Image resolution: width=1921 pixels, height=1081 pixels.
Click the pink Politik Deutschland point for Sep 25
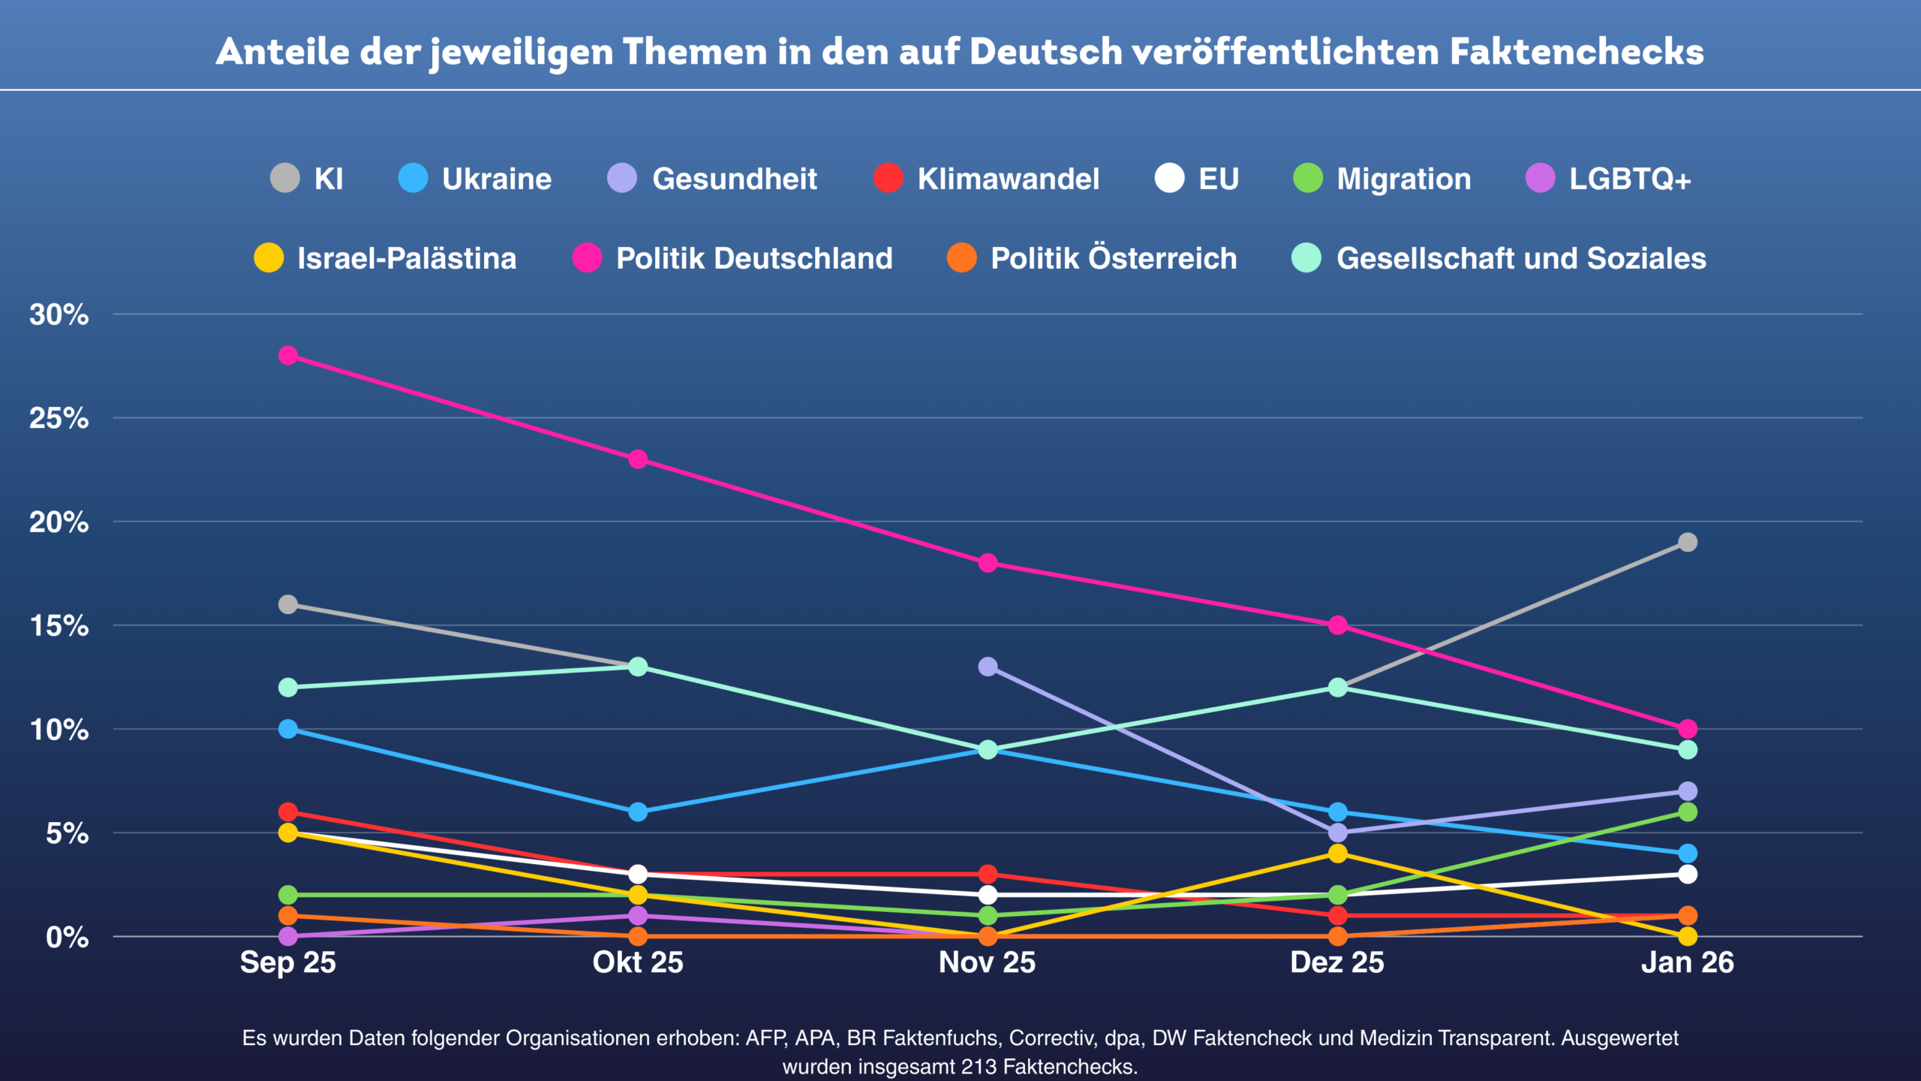coord(288,355)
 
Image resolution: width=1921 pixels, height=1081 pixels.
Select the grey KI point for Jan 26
coord(1688,542)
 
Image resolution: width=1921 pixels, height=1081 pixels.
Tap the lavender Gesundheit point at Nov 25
coord(988,667)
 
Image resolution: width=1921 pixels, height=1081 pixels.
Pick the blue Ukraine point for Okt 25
coord(638,812)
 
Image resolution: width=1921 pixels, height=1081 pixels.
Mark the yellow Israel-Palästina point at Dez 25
coord(1337,854)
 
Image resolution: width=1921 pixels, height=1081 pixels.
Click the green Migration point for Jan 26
coord(1688,812)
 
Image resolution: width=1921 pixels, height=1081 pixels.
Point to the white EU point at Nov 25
coord(988,895)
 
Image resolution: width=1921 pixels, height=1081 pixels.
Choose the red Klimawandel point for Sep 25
coord(288,812)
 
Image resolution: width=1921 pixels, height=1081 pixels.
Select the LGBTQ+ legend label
coord(1630,179)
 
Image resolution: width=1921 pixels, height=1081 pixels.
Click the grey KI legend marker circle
coord(285,179)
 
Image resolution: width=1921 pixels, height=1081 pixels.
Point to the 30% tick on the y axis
coord(59,315)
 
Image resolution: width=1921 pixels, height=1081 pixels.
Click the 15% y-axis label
coord(59,625)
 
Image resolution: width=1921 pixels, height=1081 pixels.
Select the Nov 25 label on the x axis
coord(988,962)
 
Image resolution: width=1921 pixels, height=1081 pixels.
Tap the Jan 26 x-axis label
coord(1688,962)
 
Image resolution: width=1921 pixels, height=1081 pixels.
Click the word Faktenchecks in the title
coord(1577,52)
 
